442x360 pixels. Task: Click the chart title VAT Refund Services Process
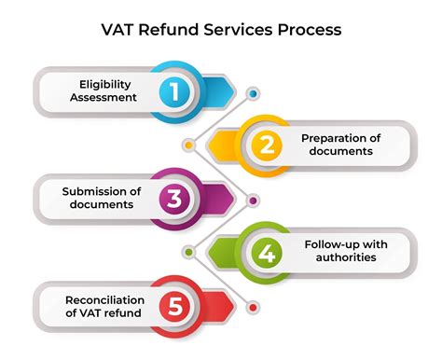(221, 30)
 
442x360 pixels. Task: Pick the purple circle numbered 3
(178, 198)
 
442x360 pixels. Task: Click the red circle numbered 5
(178, 305)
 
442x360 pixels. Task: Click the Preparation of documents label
(337, 144)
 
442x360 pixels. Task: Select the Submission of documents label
(102, 198)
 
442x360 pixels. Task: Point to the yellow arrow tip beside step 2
(217, 145)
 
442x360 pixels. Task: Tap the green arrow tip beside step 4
(217, 253)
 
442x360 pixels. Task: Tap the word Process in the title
(309, 30)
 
